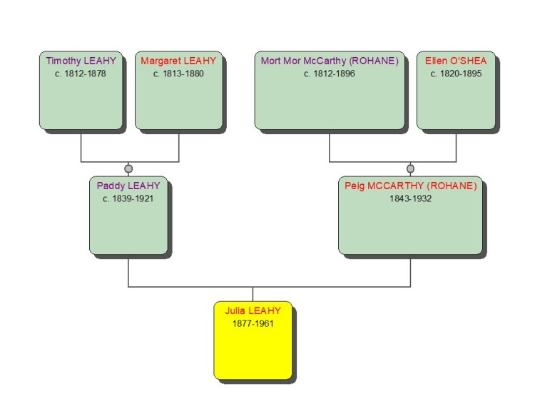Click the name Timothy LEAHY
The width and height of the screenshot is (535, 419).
click(x=81, y=61)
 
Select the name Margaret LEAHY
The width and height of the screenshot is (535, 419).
click(x=178, y=61)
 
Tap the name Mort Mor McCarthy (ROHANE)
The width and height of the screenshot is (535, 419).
click(x=330, y=61)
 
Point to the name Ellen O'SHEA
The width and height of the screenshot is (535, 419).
click(x=456, y=61)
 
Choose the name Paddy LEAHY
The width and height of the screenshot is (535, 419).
click(x=128, y=186)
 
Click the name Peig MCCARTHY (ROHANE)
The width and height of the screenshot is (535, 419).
click(x=410, y=186)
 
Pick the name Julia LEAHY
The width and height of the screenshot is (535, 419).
click(x=253, y=311)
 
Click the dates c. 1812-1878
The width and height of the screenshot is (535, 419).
click(x=81, y=74)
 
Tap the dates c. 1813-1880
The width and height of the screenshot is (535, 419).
click(x=178, y=74)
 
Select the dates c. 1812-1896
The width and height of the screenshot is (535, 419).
click(x=330, y=74)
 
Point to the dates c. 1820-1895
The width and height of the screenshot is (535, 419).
click(x=456, y=74)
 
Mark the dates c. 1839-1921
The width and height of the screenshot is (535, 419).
click(x=128, y=199)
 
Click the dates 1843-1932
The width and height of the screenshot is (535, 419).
click(x=410, y=199)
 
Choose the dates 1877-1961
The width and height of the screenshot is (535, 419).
click(x=253, y=324)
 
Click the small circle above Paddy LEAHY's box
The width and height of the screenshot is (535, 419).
click(x=128, y=169)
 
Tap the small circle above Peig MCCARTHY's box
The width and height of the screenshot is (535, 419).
click(x=410, y=169)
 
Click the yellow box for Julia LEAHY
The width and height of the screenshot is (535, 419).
click(x=253, y=350)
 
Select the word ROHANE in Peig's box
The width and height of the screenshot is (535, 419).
click(x=453, y=186)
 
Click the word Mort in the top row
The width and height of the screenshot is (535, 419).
click(x=270, y=61)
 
